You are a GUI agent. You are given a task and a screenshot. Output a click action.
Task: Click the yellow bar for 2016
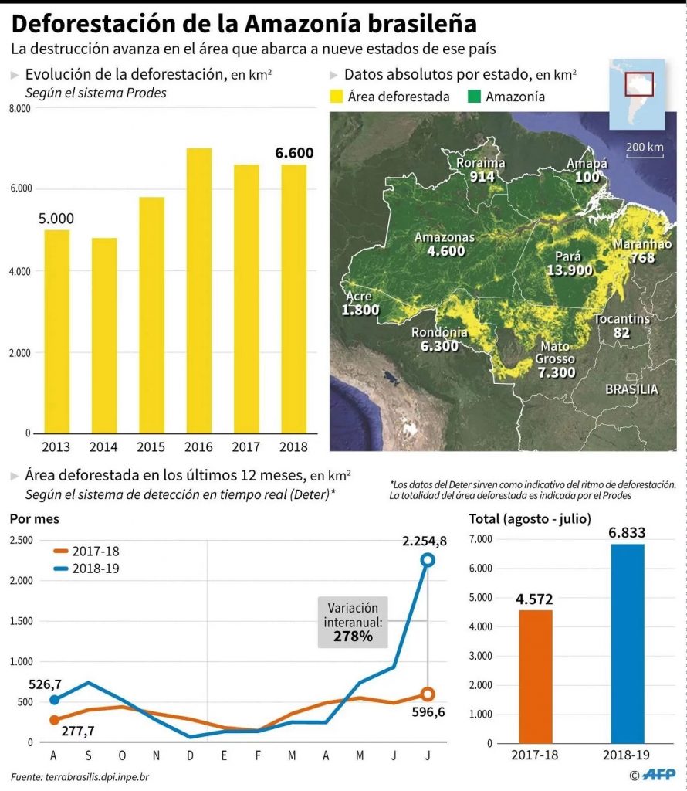[x=199, y=290]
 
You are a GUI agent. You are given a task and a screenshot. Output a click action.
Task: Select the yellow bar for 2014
[x=104, y=335]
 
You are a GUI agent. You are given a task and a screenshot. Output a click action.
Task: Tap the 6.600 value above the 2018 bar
[x=294, y=153]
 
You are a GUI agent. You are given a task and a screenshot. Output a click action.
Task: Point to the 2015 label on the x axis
[x=151, y=446]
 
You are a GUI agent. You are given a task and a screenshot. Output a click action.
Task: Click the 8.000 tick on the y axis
[x=19, y=110]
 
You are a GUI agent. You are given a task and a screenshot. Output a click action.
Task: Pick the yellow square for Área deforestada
[x=336, y=97]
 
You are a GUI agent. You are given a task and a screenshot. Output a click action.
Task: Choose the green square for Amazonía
[x=473, y=97]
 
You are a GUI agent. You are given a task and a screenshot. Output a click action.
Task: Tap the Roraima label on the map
[x=480, y=163]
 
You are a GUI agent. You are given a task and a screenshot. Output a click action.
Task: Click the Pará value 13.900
[x=569, y=270]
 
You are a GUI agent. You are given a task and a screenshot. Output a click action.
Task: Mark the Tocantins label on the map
[x=621, y=319]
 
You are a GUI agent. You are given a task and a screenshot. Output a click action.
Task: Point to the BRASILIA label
[x=631, y=389]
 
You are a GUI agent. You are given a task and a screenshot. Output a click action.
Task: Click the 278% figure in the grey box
[x=353, y=637]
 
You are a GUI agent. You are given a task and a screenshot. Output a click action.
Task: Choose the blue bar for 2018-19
[x=627, y=643]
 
